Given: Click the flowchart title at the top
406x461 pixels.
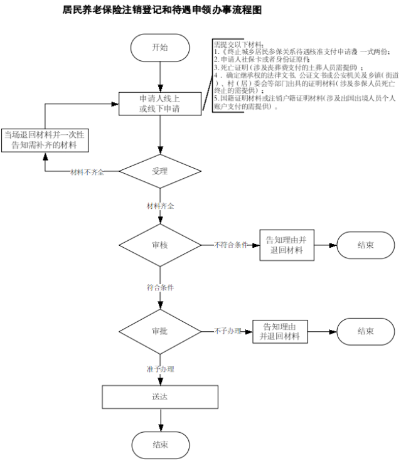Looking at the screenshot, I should [x=162, y=11].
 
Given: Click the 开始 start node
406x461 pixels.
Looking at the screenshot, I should [x=160, y=48].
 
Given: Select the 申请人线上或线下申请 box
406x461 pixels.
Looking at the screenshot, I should [x=161, y=104].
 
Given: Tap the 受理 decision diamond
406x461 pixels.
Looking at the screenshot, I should [x=160, y=171].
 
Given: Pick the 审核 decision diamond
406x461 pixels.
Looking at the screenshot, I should [x=160, y=245].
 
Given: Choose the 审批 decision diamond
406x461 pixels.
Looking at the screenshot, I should [x=159, y=331].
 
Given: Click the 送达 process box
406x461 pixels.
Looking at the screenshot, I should [x=159, y=396].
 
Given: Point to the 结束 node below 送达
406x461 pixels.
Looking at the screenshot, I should [x=160, y=445].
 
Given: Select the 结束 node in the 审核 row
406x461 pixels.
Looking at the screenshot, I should [x=366, y=245].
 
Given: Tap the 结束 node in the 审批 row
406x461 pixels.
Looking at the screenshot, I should [x=366, y=331].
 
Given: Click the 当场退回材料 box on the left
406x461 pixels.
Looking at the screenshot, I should [x=44, y=139].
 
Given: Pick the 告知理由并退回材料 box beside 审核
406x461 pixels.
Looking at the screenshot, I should [x=287, y=245].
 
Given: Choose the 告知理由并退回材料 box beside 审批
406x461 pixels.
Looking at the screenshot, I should [x=280, y=331].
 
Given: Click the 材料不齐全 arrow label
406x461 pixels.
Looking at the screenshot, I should [x=87, y=171].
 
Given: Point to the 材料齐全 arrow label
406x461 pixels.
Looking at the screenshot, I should [x=160, y=206].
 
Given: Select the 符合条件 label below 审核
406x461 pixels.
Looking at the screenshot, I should [x=160, y=287].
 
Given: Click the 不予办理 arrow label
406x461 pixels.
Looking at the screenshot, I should [x=227, y=331].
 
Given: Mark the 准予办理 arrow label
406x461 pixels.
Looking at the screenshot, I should [x=160, y=369].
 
